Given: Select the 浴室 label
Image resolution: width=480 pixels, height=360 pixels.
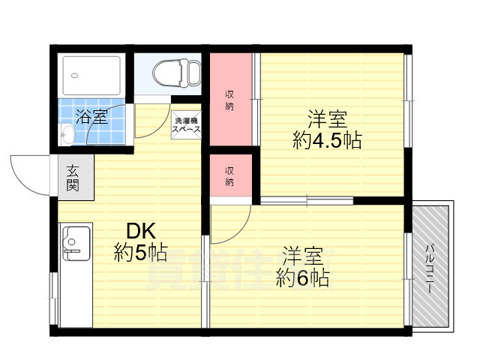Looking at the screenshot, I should coord(91,116).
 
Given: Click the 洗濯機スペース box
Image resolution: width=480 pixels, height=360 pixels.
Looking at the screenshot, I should coord(186,124).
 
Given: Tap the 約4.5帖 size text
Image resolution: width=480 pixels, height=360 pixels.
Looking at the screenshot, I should coord(327,139).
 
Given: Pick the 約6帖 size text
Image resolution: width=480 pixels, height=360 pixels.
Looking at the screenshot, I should coord(303,277).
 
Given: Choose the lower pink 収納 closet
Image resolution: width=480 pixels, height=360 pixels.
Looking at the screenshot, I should coord(230,175).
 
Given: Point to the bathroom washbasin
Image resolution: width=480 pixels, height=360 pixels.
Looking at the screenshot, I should coord(67,135).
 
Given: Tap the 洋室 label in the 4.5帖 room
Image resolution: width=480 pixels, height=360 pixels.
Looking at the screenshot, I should coord(327,118).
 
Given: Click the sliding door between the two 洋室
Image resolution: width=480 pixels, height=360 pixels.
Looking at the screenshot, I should coord(307,200).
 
